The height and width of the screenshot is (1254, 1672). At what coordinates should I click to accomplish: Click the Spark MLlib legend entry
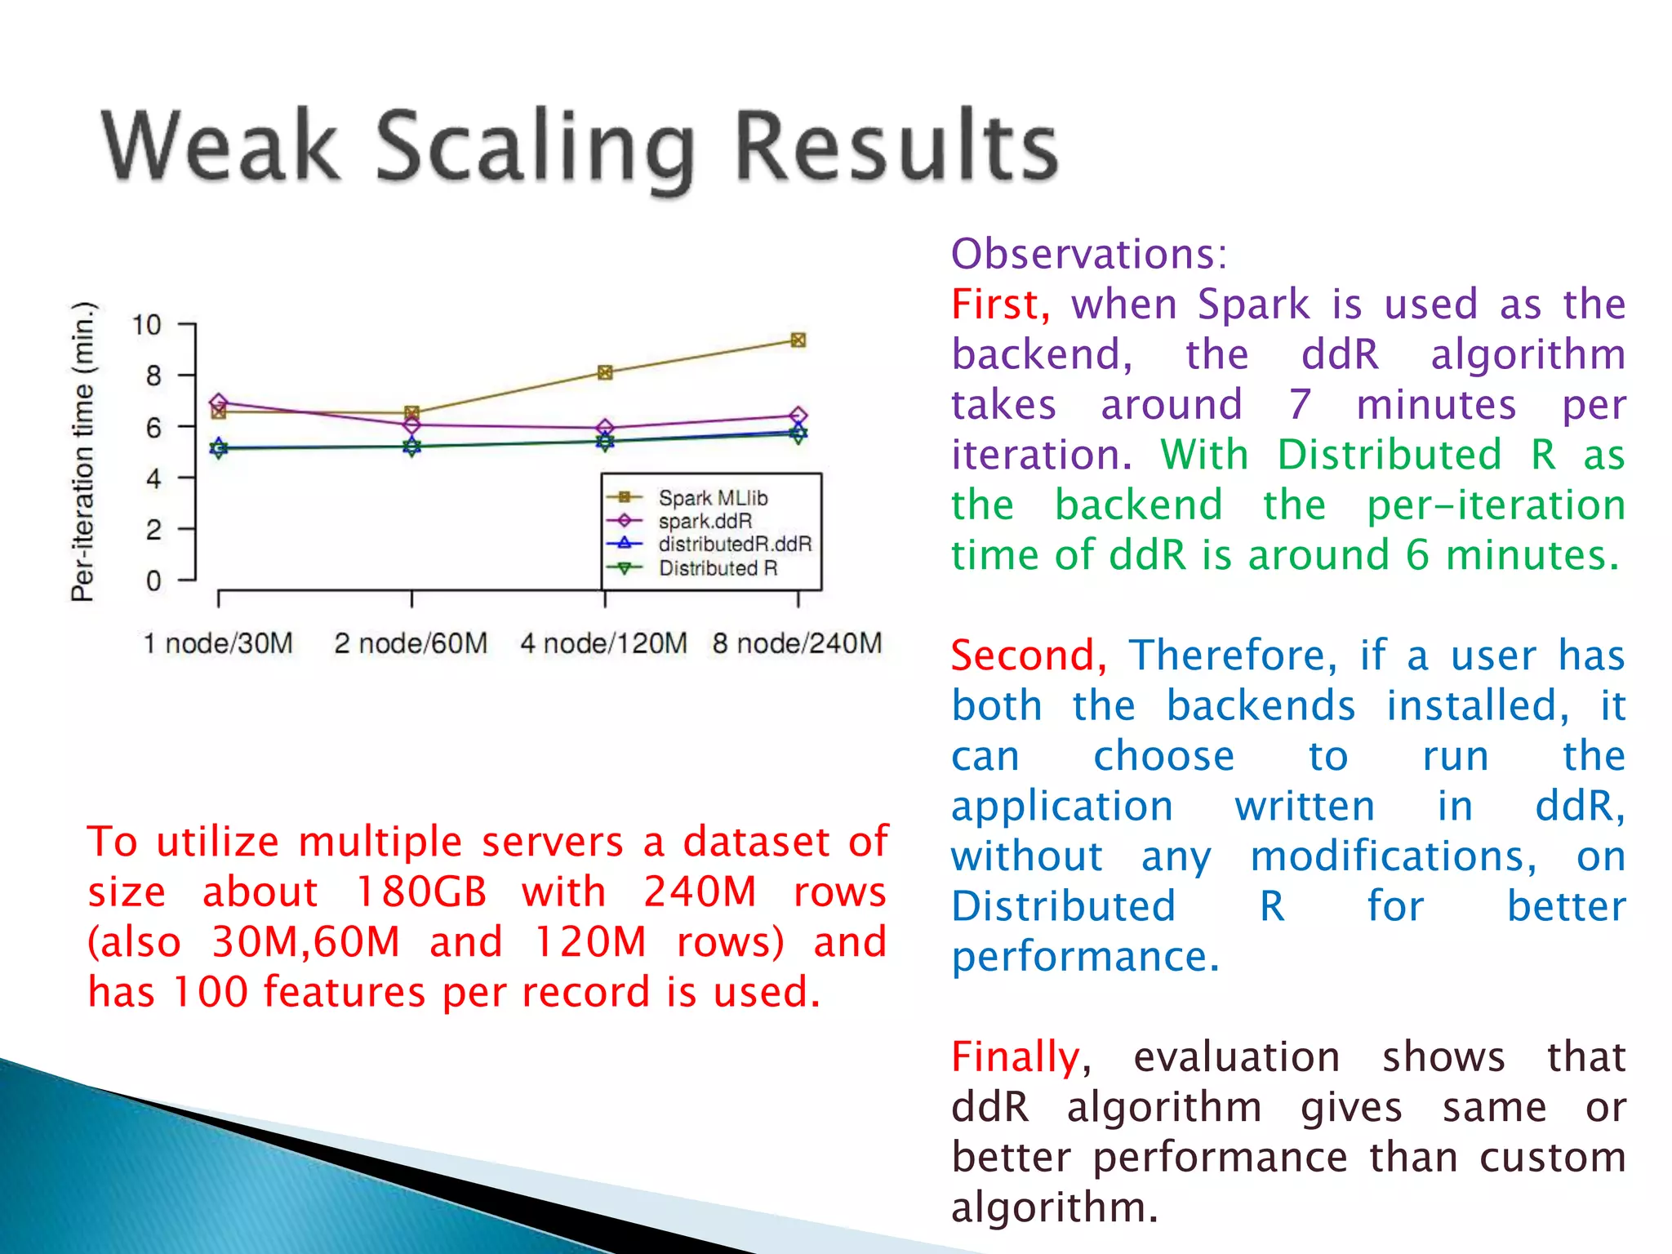(712, 497)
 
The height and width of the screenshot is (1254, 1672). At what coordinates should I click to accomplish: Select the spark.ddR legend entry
(705, 521)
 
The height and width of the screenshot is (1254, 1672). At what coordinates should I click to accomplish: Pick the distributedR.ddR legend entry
(734, 544)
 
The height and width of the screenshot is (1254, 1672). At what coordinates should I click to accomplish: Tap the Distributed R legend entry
(717, 567)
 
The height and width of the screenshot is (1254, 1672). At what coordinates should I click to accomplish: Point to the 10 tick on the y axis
(147, 325)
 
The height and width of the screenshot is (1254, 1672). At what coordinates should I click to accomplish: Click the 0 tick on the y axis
(153, 580)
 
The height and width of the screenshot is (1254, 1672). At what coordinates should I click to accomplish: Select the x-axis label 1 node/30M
(218, 643)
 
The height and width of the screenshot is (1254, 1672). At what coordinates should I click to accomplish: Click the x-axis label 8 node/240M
(797, 643)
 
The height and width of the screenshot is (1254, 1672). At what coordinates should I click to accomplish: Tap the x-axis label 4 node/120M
(604, 643)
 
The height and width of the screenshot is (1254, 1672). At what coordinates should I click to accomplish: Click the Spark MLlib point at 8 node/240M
(798, 340)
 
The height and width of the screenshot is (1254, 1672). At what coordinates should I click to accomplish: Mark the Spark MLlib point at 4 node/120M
(605, 372)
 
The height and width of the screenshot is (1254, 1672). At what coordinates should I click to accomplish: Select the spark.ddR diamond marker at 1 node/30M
(218, 402)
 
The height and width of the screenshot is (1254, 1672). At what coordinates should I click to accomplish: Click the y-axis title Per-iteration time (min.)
(83, 451)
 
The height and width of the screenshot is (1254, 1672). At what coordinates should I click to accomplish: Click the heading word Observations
(1088, 254)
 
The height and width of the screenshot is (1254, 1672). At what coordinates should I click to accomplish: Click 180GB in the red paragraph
(421, 892)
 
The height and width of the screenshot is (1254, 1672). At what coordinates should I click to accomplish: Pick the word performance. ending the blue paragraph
(1085, 956)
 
